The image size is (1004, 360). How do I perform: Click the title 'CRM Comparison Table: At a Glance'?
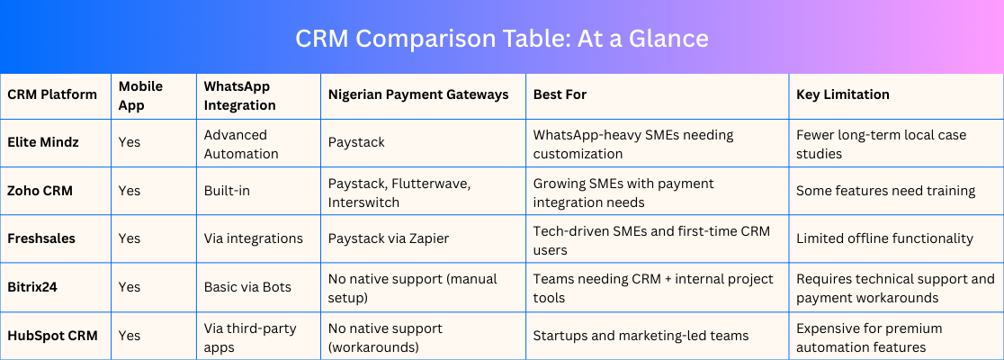tap(501, 39)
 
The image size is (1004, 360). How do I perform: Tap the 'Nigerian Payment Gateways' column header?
tap(418, 94)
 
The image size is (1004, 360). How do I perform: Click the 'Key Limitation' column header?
tap(843, 94)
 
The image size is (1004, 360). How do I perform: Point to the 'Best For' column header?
tap(560, 94)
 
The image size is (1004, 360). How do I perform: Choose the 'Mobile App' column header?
tap(141, 95)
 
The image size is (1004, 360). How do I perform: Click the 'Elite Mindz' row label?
tap(43, 142)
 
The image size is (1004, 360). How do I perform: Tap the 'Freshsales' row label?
tap(41, 238)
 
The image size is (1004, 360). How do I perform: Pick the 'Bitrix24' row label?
tap(32, 287)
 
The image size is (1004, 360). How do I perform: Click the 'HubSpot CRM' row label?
tap(52, 335)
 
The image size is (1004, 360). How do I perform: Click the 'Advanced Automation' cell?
tap(241, 145)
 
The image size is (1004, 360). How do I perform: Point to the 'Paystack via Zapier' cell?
tap(389, 238)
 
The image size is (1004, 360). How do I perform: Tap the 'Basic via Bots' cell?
tap(247, 287)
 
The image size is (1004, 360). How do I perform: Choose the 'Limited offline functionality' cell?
tap(885, 238)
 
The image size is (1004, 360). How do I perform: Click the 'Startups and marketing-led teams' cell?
tap(641, 335)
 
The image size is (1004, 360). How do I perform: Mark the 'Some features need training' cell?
tap(885, 191)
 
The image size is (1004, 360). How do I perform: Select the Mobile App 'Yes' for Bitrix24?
tap(130, 287)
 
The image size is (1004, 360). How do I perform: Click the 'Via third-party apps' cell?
tap(250, 338)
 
